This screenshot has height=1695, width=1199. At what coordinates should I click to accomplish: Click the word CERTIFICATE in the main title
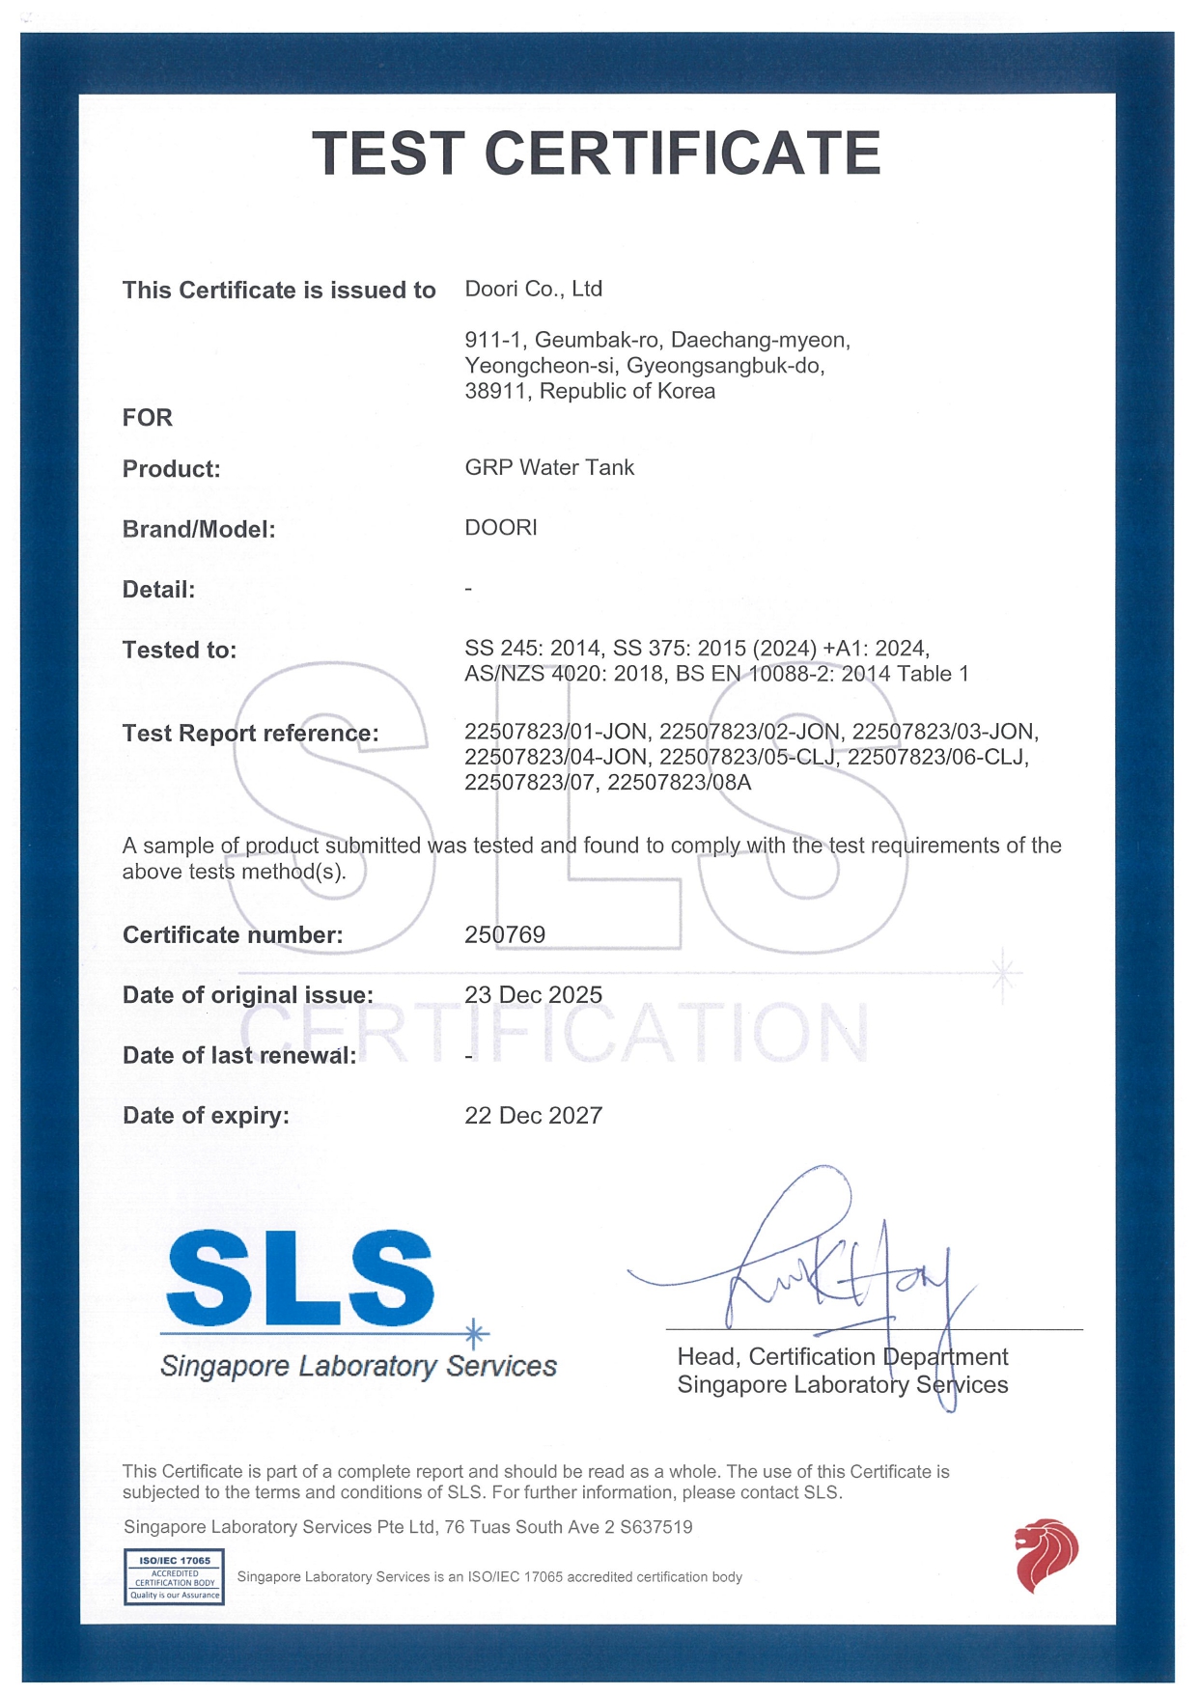[x=682, y=154]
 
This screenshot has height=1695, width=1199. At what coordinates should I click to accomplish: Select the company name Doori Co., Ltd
[x=533, y=289]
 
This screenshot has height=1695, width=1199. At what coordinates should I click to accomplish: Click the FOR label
[x=147, y=418]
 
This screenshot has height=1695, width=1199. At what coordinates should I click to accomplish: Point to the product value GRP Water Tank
[x=549, y=467]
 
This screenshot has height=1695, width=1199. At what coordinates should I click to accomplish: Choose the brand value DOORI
[x=500, y=528]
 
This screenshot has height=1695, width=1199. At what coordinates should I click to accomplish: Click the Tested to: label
[x=179, y=651]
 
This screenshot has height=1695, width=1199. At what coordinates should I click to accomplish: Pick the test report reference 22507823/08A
[x=679, y=782]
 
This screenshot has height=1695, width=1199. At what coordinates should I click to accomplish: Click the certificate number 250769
[x=505, y=934]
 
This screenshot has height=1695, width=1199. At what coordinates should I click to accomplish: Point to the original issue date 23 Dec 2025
[x=533, y=995]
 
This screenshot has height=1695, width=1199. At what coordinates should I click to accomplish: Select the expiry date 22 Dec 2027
[x=533, y=1116]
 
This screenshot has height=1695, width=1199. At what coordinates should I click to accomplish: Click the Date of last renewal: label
[x=239, y=1056]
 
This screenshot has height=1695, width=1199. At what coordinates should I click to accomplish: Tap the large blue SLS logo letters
[x=299, y=1279]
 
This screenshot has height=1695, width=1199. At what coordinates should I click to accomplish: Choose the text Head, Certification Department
[x=842, y=1357]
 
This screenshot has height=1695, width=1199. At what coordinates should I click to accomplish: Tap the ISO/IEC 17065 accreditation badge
[x=174, y=1576]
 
